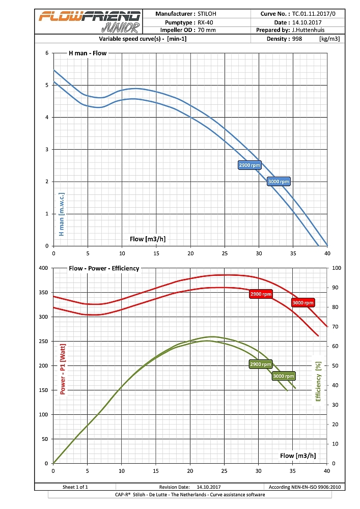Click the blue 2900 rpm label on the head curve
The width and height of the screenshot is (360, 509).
(x=250, y=165)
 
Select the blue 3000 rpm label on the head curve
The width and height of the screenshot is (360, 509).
(x=279, y=182)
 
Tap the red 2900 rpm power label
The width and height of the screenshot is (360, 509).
(x=261, y=294)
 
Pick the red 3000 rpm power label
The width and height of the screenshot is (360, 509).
(x=303, y=302)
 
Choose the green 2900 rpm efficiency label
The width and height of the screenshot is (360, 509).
(x=261, y=364)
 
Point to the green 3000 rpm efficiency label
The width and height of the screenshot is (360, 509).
(x=284, y=376)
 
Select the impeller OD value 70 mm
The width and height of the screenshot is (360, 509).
(x=207, y=30)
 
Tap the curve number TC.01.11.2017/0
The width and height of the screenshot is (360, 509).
(x=314, y=14)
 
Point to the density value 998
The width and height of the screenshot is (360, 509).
(x=297, y=39)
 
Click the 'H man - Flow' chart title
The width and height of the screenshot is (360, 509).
(x=88, y=53)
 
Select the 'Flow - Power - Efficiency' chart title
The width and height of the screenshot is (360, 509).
(x=104, y=268)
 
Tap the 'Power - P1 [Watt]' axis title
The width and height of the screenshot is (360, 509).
(x=63, y=369)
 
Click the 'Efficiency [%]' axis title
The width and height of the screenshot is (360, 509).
(x=319, y=381)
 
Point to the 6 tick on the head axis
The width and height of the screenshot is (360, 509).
(x=47, y=53)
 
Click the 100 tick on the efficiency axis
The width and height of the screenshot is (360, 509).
(x=337, y=268)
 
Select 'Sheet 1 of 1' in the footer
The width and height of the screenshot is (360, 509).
(x=75, y=487)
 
